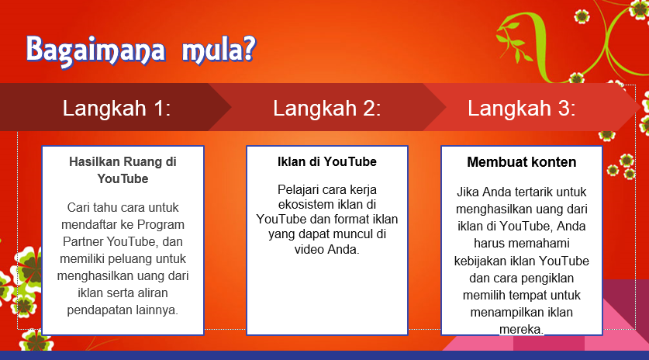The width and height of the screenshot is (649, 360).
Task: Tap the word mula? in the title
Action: tap(219, 50)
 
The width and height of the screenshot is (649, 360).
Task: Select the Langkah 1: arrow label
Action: tap(117, 108)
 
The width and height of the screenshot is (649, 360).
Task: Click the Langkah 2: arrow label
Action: tap(327, 108)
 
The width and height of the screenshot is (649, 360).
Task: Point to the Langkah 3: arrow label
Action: tap(522, 108)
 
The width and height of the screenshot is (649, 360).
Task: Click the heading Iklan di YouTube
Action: tap(327, 161)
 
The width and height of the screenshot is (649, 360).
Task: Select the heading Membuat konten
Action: tap(522, 162)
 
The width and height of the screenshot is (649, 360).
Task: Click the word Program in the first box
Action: tap(161, 225)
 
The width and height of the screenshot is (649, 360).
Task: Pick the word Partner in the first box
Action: tap(83, 241)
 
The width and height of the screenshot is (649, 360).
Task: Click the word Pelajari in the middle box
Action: tap(298, 190)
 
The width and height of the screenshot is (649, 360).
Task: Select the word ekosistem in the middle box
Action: tap(306, 204)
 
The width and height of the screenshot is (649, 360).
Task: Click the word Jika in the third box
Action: tap(468, 192)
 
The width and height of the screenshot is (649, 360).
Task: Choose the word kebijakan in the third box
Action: tap(481, 261)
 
